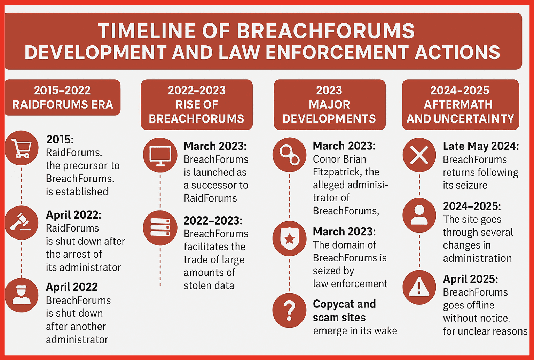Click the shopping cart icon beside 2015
22,148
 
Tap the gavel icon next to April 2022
22,222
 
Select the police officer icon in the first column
22,295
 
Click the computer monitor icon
160,155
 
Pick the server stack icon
160,227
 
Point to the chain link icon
290,155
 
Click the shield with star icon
290,238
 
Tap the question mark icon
290,310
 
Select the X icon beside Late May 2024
419,155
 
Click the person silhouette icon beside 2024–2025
419,215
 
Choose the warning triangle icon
419,287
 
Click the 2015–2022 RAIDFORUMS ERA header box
62,97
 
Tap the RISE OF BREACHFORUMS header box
197,104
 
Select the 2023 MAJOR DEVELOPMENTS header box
329,104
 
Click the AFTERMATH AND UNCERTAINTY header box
460,104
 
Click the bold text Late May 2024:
481,146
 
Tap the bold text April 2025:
470,279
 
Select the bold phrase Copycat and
344,304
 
